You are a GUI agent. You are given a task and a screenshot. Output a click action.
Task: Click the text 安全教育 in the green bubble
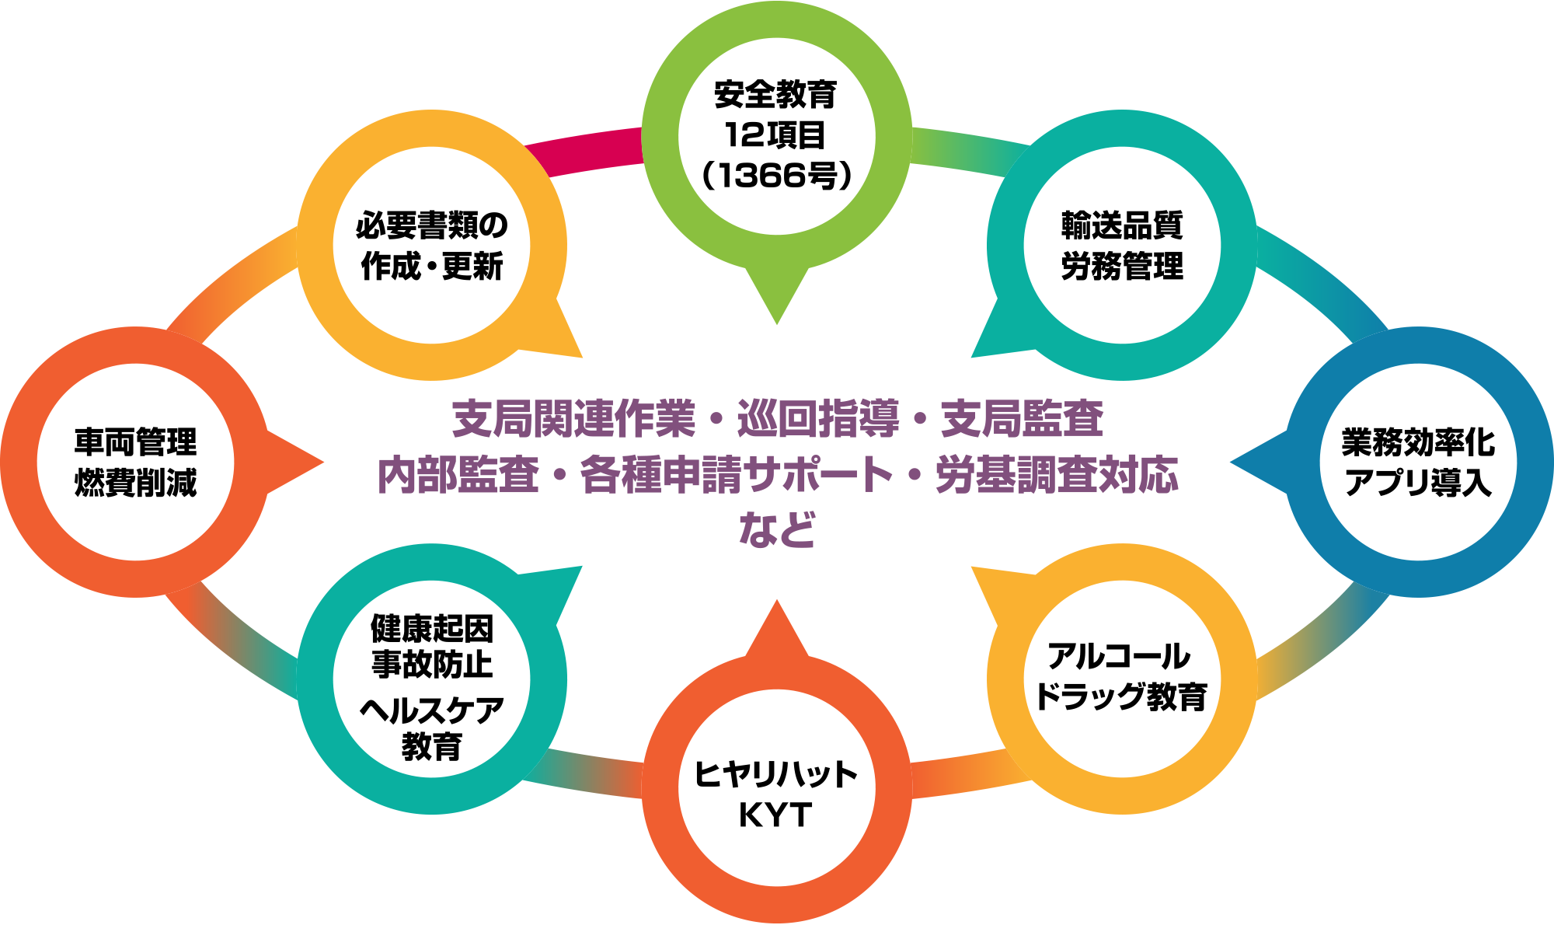[775, 96]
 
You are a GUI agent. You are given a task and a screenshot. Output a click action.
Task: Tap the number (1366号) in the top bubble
[776, 176]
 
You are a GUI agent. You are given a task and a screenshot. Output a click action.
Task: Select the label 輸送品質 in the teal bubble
[1121, 225]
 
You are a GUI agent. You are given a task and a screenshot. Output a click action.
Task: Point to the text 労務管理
[1121, 266]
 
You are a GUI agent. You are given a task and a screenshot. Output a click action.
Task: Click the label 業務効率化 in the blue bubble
[1418, 442]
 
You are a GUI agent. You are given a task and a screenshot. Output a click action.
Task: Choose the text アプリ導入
[1418, 483]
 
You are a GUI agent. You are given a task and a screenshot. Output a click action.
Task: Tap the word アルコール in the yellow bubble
[1120, 657]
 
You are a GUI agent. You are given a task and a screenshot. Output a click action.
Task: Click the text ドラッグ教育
[1121, 696]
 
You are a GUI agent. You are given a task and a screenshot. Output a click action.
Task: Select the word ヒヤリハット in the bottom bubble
[775, 774]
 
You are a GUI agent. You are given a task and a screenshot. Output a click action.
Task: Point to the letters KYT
[775, 815]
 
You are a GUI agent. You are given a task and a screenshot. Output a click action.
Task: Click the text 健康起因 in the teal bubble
[432, 628]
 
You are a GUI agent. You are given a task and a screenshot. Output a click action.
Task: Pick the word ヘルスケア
[432, 710]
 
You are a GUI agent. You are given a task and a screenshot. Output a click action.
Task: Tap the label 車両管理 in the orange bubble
[136, 442]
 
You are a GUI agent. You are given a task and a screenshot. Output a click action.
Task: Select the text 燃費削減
[136, 483]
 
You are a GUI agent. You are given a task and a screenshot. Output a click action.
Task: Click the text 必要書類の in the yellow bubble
[432, 225]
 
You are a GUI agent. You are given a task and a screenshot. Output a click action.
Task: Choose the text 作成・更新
[432, 266]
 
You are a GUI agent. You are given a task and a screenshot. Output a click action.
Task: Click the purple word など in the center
[776, 530]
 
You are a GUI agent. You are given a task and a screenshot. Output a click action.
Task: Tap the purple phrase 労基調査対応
[1057, 475]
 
